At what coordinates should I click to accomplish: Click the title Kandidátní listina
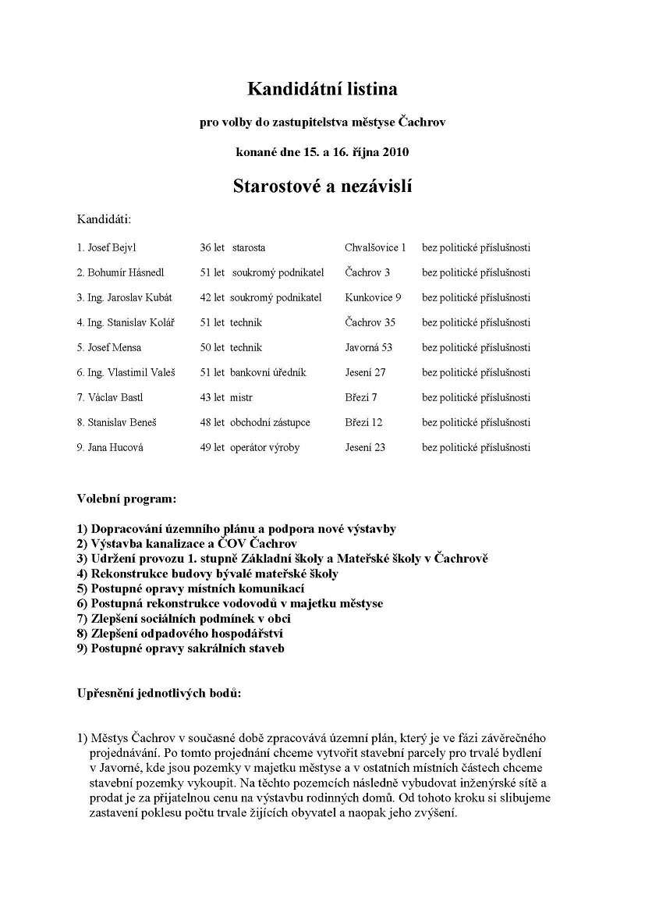click(x=322, y=89)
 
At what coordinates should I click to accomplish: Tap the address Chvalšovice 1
click(x=375, y=247)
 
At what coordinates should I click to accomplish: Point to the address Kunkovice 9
click(x=373, y=297)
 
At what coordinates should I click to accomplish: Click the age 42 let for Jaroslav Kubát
click(x=212, y=297)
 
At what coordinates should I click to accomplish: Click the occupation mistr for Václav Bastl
click(x=242, y=397)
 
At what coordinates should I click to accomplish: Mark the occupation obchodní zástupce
click(x=270, y=422)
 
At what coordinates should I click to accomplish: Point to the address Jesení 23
click(x=365, y=447)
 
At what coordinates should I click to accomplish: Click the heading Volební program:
click(x=126, y=497)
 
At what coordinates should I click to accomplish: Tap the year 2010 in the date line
click(x=395, y=151)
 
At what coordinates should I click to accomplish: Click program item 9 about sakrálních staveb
click(x=180, y=648)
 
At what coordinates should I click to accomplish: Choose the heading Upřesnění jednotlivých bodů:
click(x=159, y=693)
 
